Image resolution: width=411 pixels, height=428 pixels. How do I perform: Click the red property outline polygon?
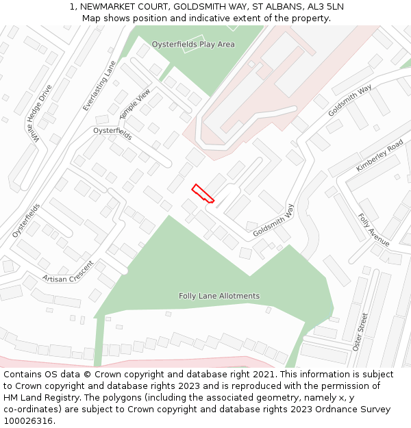point(203,193)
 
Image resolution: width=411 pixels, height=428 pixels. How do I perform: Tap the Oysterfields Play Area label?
point(193,45)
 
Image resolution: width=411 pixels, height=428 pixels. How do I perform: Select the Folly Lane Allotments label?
point(219,296)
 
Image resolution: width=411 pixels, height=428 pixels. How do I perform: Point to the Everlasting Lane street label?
point(99,86)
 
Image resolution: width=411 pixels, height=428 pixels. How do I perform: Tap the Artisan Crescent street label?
point(67,272)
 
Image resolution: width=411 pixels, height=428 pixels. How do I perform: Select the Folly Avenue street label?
point(373,230)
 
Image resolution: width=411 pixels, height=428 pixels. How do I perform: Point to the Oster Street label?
point(360,332)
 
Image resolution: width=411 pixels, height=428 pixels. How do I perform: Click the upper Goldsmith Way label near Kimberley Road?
point(349,100)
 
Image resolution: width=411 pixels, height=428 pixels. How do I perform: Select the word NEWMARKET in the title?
point(110,7)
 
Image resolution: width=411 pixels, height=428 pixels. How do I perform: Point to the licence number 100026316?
point(28,420)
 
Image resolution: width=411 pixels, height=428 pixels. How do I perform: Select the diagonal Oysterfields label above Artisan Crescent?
point(26,220)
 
